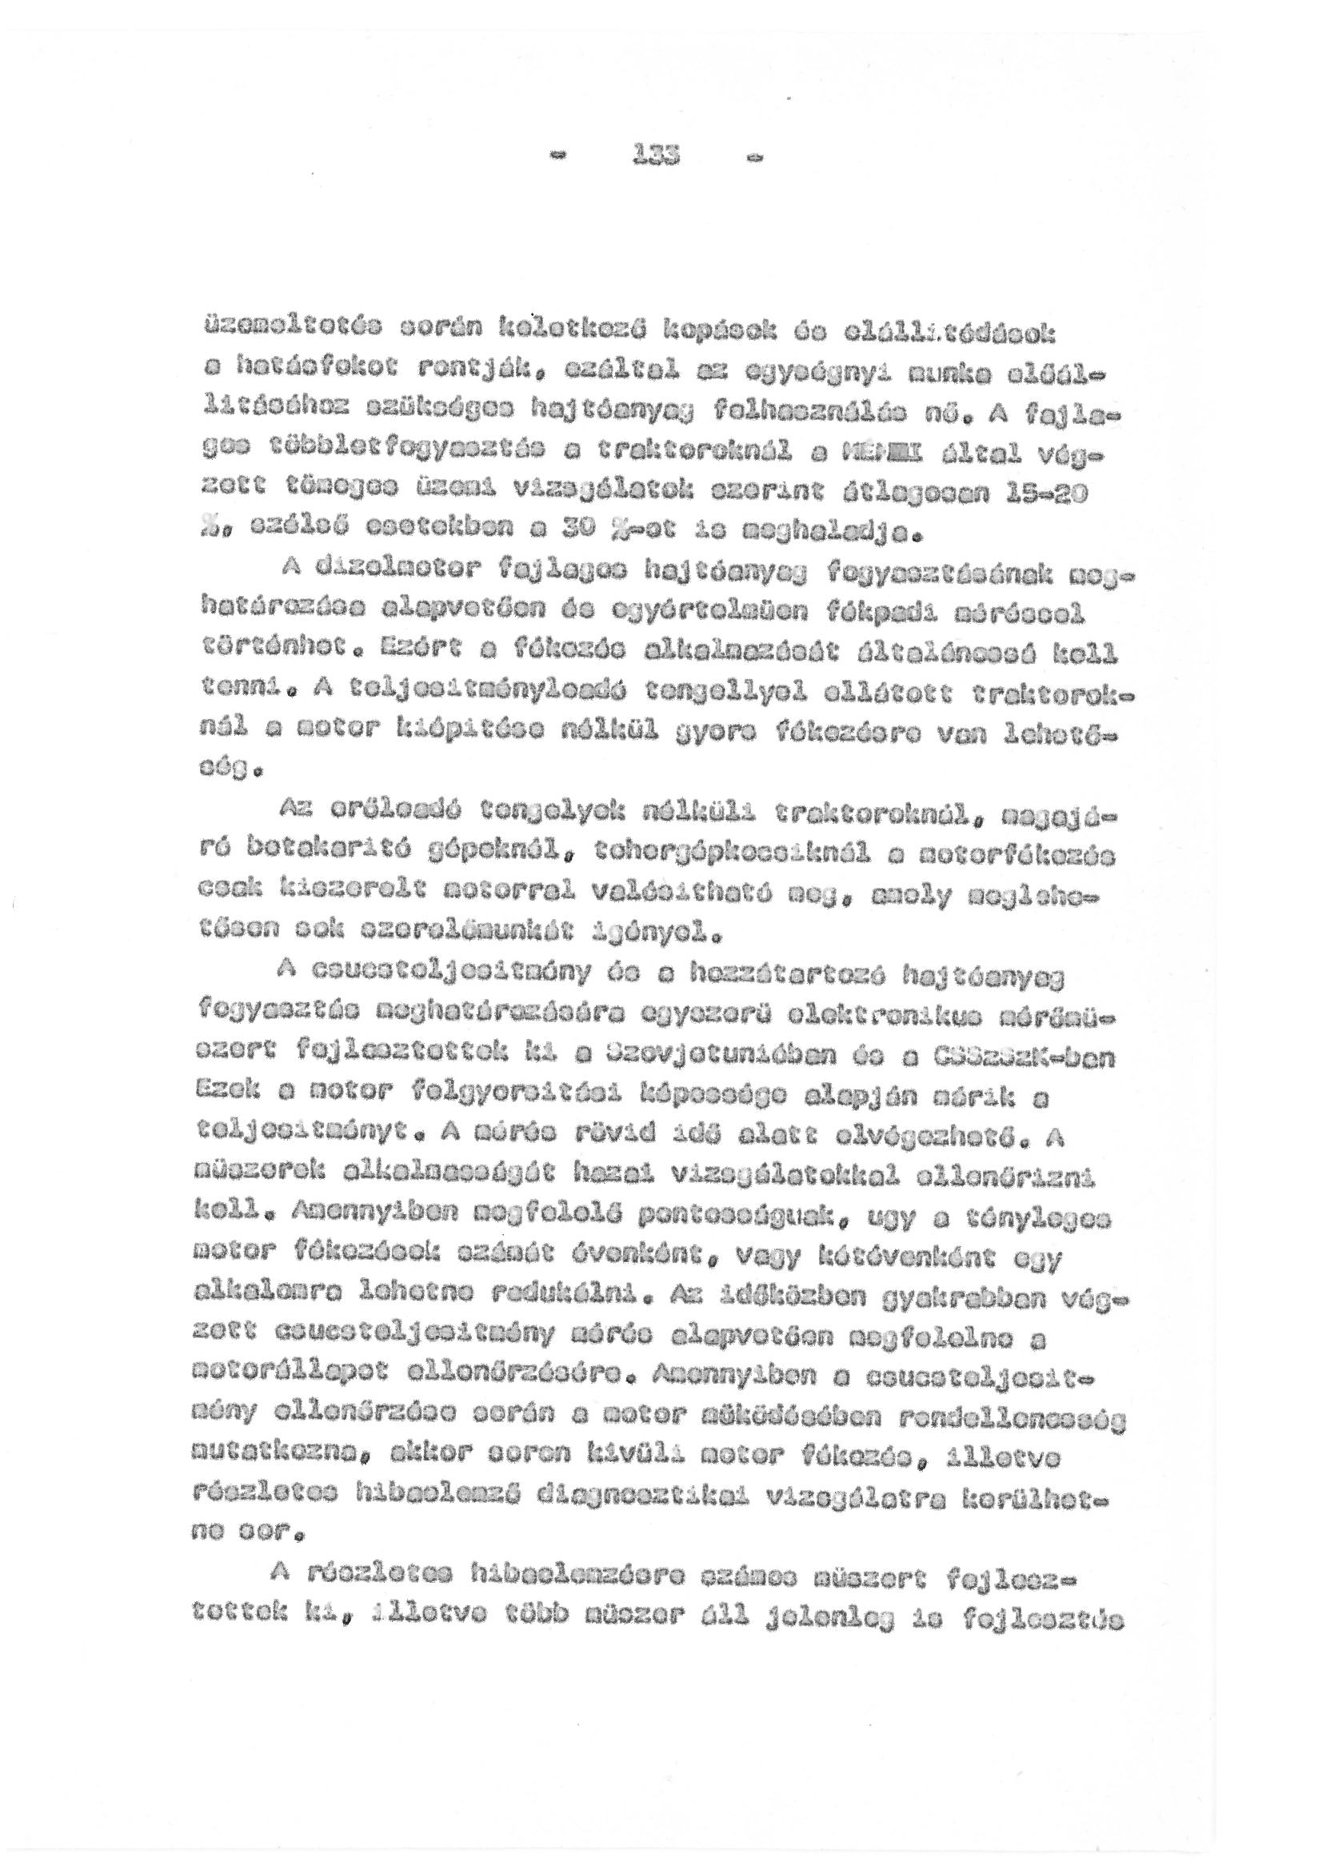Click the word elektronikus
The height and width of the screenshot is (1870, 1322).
(890, 1010)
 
